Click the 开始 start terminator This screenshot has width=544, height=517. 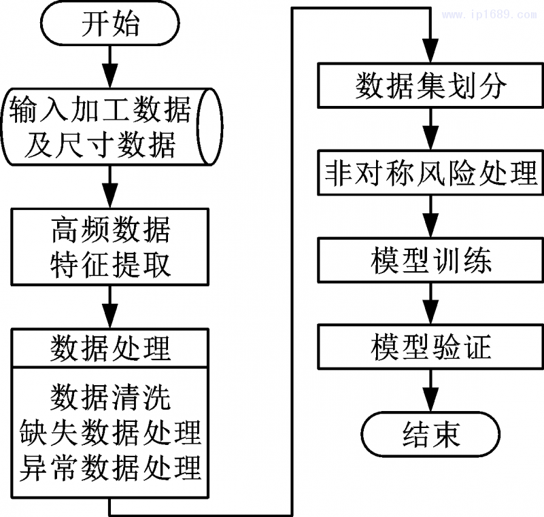point(110,25)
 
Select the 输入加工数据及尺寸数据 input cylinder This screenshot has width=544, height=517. point(110,126)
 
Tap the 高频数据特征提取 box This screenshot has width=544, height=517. point(110,246)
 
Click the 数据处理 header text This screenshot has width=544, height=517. point(110,349)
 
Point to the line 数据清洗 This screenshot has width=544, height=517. point(110,397)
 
